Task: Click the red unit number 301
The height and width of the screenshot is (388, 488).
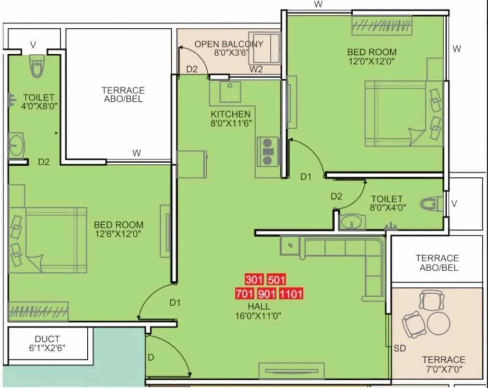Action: [254, 280]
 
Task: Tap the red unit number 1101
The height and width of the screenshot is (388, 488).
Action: [291, 293]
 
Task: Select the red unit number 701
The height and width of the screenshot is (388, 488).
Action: [245, 293]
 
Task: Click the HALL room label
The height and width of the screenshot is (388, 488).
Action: [259, 306]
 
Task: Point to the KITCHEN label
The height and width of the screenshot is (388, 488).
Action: [230, 114]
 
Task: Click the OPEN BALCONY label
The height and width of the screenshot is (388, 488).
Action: [228, 44]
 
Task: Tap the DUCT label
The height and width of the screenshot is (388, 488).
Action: [47, 339]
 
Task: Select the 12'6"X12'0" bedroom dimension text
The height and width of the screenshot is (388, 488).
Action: [119, 234]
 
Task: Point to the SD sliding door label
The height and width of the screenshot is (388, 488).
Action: [400, 348]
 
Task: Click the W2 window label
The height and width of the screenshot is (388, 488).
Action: [256, 70]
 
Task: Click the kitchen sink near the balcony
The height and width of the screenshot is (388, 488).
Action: [230, 92]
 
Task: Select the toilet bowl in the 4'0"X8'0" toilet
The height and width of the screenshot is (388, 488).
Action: [36, 67]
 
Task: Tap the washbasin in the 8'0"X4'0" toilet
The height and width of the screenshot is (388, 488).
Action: [352, 222]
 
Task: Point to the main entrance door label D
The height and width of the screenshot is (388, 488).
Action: [151, 358]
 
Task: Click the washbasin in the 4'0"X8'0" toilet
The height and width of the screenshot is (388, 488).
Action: [16, 145]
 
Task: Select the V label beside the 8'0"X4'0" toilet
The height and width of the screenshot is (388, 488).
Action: [454, 204]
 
